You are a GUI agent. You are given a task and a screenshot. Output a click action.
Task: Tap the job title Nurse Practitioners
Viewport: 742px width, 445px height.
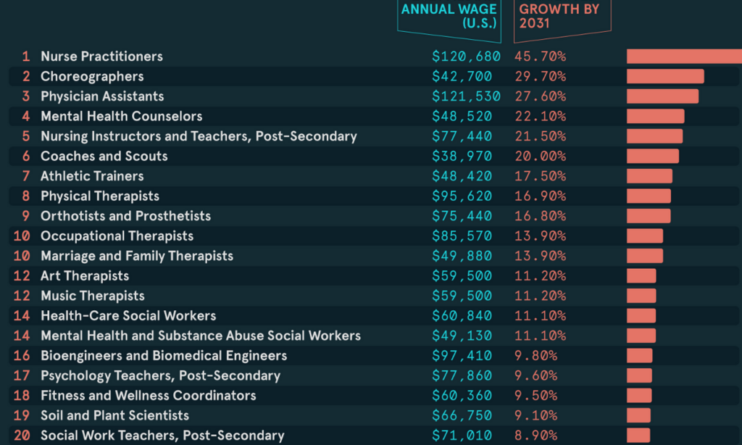[x=101, y=57]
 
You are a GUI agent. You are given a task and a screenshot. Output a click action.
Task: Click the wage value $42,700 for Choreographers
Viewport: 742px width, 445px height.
[x=462, y=76]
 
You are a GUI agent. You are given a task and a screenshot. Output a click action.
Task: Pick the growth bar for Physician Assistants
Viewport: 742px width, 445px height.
[x=662, y=96]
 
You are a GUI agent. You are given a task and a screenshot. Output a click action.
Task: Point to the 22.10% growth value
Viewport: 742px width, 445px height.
[x=540, y=116]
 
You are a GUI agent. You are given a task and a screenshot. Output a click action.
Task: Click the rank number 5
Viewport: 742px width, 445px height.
[x=26, y=136]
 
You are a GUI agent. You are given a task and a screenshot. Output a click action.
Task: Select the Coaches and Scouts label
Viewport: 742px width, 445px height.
[x=104, y=156]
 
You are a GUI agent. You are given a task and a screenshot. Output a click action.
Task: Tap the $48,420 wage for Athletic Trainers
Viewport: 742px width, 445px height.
[x=462, y=176]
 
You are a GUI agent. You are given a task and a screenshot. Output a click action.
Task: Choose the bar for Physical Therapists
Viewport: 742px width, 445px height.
[x=649, y=196]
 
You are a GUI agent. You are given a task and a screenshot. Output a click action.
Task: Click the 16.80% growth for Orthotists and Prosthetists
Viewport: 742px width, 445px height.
[x=540, y=216]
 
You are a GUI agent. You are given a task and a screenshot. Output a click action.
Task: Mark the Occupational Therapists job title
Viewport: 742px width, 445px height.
[x=117, y=236]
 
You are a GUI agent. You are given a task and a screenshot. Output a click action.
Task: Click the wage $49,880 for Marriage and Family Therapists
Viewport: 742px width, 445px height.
[x=462, y=256]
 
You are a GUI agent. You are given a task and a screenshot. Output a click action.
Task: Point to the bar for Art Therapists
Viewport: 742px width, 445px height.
[x=641, y=275]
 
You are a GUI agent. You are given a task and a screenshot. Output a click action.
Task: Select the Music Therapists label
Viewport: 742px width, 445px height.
[x=92, y=296]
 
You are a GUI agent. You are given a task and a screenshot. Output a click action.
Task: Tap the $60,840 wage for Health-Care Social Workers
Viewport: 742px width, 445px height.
[x=462, y=315]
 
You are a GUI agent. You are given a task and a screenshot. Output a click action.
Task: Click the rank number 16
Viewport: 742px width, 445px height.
[x=22, y=355]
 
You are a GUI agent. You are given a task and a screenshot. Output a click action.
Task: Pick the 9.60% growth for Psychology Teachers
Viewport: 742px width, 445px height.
[x=536, y=375]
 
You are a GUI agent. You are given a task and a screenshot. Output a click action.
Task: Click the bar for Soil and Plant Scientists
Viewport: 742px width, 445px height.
[x=638, y=415]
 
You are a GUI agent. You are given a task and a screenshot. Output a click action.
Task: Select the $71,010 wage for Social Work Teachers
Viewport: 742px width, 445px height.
[x=462, y=435]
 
